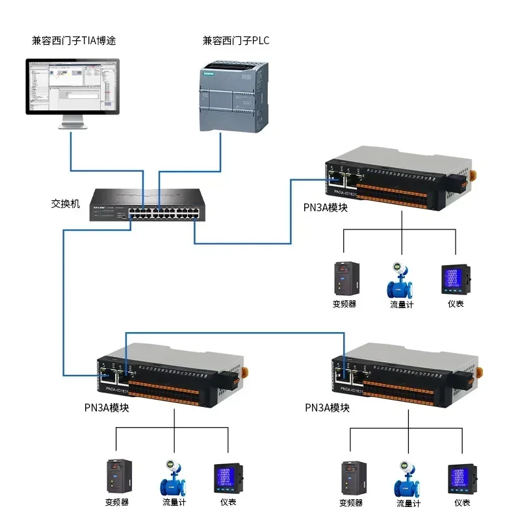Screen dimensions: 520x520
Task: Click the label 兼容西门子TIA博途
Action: point(74,40)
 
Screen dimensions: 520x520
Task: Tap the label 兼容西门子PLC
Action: point(236,40)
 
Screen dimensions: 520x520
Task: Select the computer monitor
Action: point(73,88)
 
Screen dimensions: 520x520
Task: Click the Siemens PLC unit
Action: point(233,96)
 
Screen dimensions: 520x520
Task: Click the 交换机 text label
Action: point(65,203)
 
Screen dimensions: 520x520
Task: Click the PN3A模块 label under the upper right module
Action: point(326,207)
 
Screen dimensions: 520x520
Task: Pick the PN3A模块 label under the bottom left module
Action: point(107,408)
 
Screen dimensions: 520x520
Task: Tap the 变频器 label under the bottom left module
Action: point(116,502)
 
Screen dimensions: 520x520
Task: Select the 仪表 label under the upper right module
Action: point(456,304)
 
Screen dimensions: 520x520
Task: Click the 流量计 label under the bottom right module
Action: point(408,503)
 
